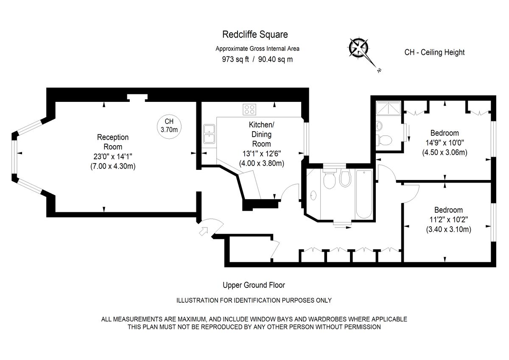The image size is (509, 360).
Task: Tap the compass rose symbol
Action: pos(359,47)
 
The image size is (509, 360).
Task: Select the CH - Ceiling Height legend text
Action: pos(434,52)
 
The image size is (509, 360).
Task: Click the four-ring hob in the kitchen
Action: pos(249,109)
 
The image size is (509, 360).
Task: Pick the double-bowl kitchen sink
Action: pos(209,134)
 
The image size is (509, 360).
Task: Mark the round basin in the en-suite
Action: pos(379,126)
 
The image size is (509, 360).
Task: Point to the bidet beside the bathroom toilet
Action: pos(345,179)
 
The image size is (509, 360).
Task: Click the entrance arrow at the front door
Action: pos(204,231)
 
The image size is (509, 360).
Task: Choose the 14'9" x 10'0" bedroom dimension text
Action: pos(444,143)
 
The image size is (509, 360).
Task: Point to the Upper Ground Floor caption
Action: pos(254,285)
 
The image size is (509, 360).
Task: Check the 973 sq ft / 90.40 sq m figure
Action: pos(257,59)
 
